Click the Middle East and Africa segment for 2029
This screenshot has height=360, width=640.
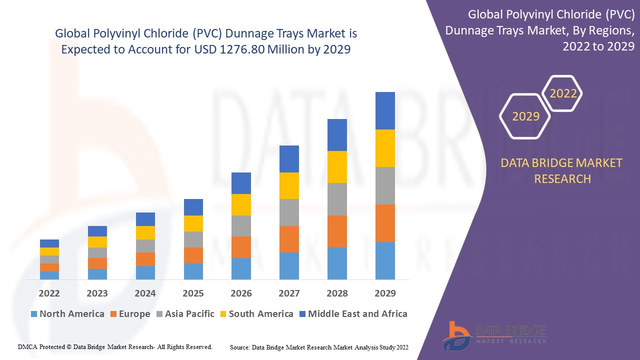click(385, 110)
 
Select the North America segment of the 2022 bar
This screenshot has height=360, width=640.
click(49, 275)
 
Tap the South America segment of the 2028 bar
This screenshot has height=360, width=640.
click(337, 166)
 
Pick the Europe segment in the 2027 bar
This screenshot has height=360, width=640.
click(289, 239)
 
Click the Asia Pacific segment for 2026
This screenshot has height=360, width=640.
click(241, 225)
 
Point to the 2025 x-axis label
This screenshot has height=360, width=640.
click(193, 293)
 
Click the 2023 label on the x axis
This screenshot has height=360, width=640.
click(97, 293)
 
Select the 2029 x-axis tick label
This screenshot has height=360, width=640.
click(385, 293)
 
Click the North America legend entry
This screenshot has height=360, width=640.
click(67, 314)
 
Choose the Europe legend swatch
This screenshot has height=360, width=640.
click(113, 314)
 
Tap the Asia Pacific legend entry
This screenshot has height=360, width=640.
click(184, 314)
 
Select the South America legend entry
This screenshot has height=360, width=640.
click(256, 314)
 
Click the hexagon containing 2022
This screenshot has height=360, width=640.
click(563, 93)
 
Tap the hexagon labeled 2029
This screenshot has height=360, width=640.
click(525, 116)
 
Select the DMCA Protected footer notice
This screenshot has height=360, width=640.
click(115, 346)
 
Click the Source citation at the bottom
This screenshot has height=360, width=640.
click(319, 347)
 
